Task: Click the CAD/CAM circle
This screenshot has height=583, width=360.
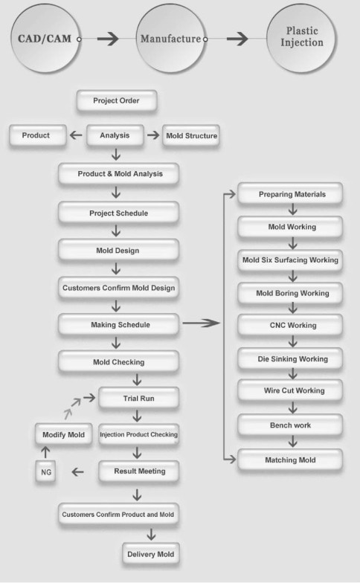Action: pos(45,38)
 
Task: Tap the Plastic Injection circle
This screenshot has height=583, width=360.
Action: pos(301,38)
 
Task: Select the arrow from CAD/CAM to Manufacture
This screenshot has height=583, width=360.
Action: pos(108,39)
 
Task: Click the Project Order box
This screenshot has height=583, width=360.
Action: pos(116,100)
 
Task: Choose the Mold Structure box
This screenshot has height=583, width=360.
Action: pos(191,135)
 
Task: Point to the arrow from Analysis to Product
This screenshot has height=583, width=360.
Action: pos(76,135)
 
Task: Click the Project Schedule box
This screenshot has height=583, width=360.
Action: pos(118,213)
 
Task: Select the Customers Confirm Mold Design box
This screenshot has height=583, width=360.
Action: pos(118,288)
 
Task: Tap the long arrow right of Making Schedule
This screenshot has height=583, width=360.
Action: pos(201,323)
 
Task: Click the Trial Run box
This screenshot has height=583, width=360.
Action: pos(138,399)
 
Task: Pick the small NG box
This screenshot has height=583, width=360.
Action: pos(46,471)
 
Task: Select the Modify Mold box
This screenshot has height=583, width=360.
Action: pos(64,434)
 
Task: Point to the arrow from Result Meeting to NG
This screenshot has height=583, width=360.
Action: pos(77,471)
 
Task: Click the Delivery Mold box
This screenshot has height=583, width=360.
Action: pos(150,554)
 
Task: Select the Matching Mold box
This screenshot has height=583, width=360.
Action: pos(290,460)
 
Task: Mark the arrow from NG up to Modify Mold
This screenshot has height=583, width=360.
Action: pos(45,452)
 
